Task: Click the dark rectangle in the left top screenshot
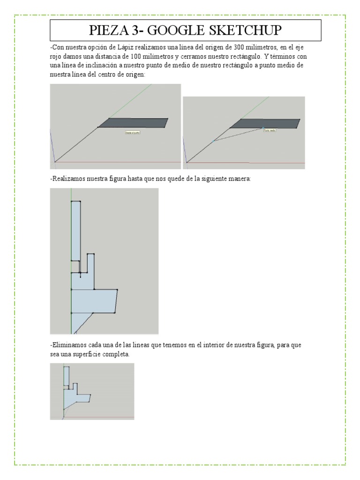pos(133,123)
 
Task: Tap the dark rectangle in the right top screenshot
pos(264,123)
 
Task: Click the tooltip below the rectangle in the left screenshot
pos(133,133)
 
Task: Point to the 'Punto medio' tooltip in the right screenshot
pos(270,131)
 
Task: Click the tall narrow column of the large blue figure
pos(76,230)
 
